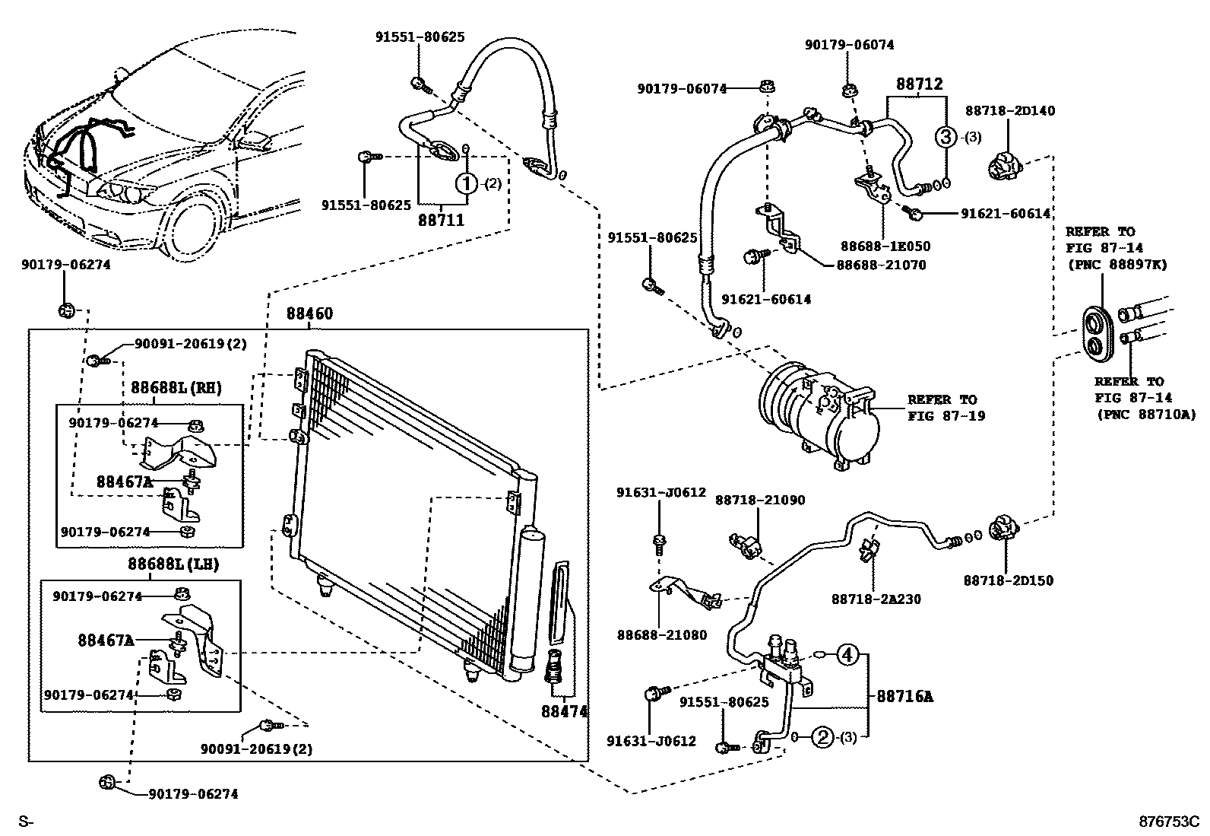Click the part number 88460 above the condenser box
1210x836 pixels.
(x=309, y=313)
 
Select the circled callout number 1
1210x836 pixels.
(x=467, y=184)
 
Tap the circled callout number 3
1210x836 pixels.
(x=946, y=137)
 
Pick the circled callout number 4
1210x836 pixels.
(x=847, y=656)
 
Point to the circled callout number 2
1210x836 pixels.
(x=823, y=736)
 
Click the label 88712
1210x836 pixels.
(x=920, y=84)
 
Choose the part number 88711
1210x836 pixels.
(x=442, y=220)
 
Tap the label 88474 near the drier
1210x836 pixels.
(x=565, y=712)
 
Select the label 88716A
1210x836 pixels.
(x=904, y=697)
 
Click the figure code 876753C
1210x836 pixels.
(x=1169, y=822)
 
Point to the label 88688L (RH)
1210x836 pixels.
(x=176, y=388)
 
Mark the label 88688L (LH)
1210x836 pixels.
(x=173, y=564)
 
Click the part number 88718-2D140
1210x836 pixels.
(x=1010, y=110)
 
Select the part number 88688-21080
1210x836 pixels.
(x=662, y=635)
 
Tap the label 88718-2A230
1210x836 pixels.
(x=876, y=599)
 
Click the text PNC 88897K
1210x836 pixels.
(x=1120, y=265)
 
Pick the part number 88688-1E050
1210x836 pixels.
(x=885, y=246)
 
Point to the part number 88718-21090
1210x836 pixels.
(x=760, y=501)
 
